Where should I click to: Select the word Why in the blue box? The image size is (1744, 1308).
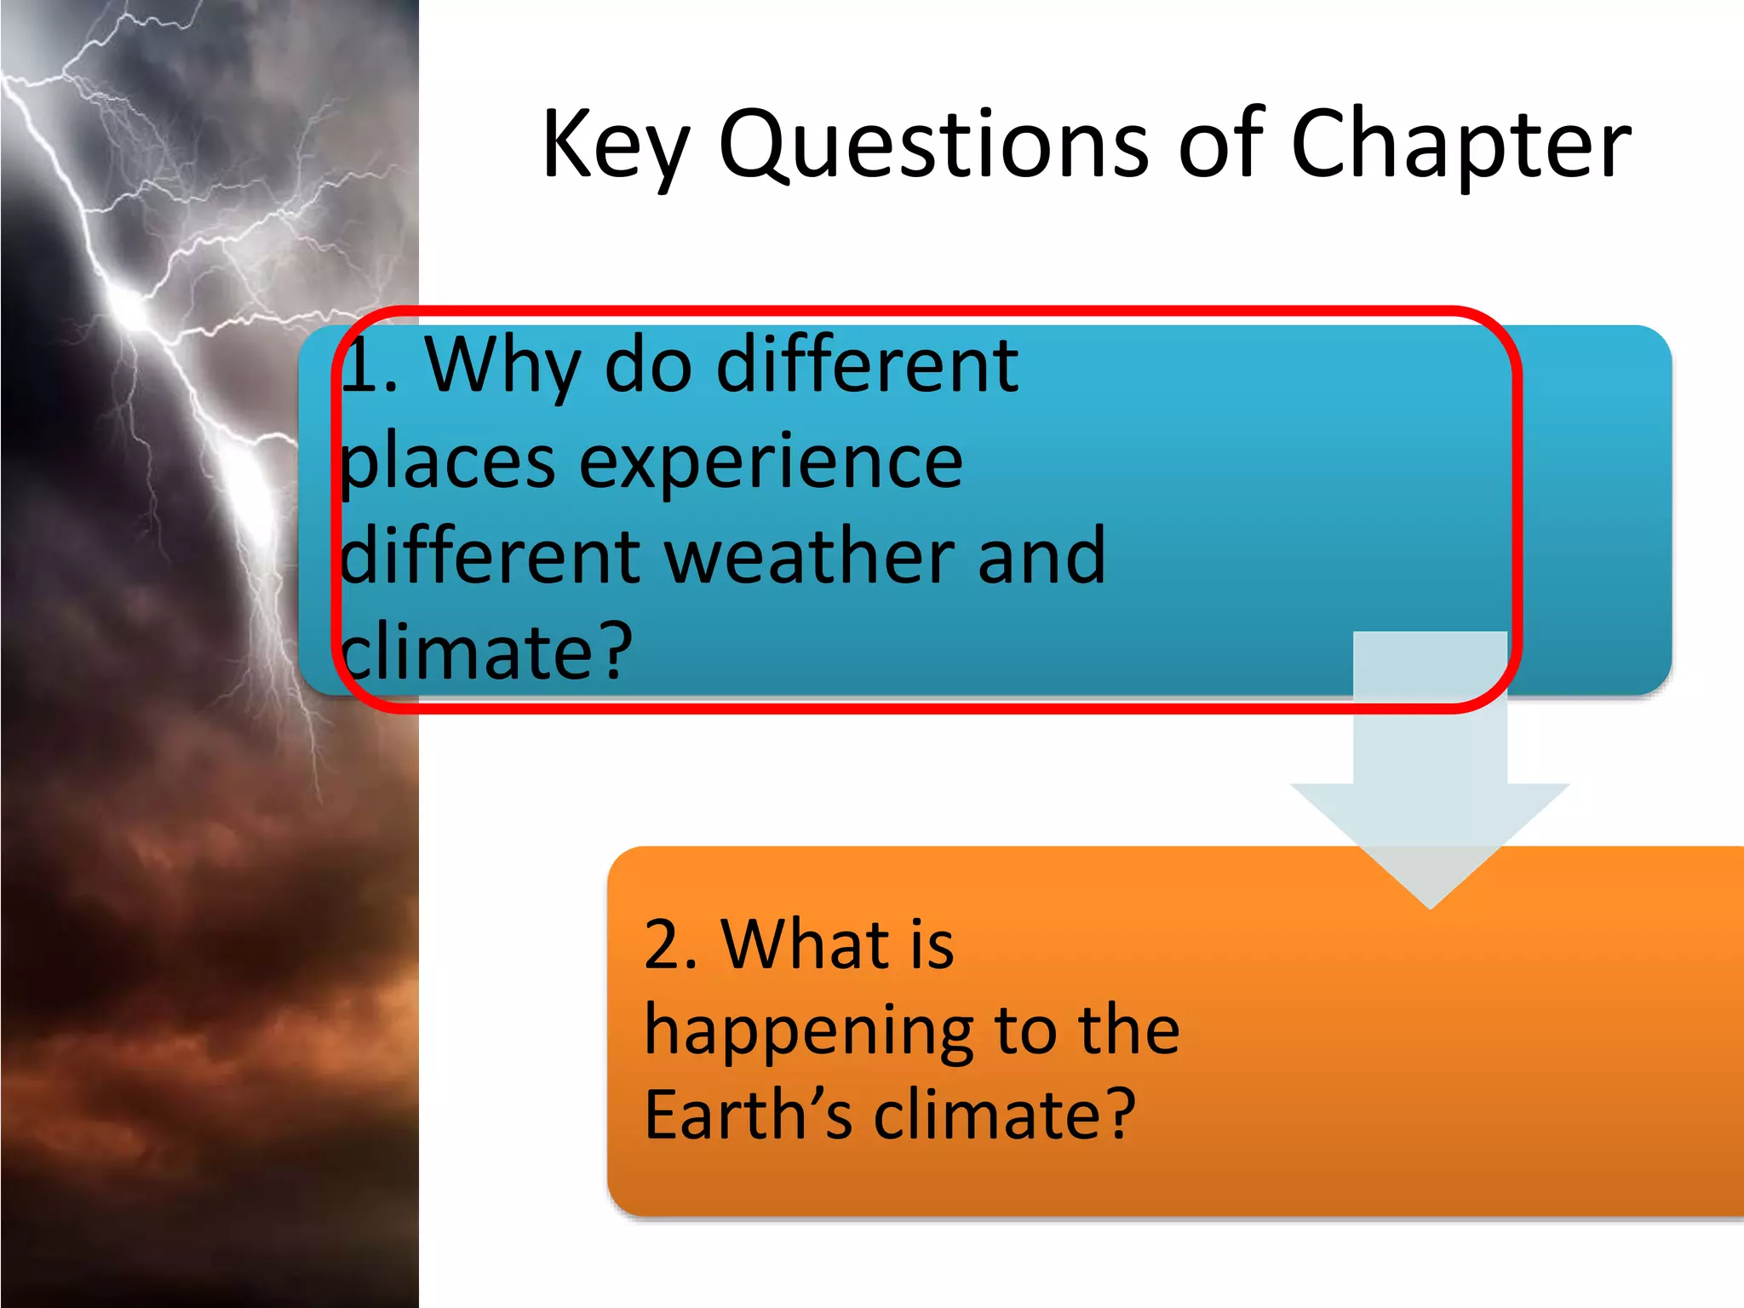coord(502,366)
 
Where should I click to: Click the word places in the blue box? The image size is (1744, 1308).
coord(447,464)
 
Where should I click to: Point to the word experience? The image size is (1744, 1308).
coord(771,464)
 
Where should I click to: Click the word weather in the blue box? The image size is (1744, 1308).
coord(809,558)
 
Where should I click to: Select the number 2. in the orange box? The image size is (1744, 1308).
coord(670,945)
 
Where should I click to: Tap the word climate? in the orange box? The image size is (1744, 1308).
coord(1005,1116)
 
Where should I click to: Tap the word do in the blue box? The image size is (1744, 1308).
coord(647,366)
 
